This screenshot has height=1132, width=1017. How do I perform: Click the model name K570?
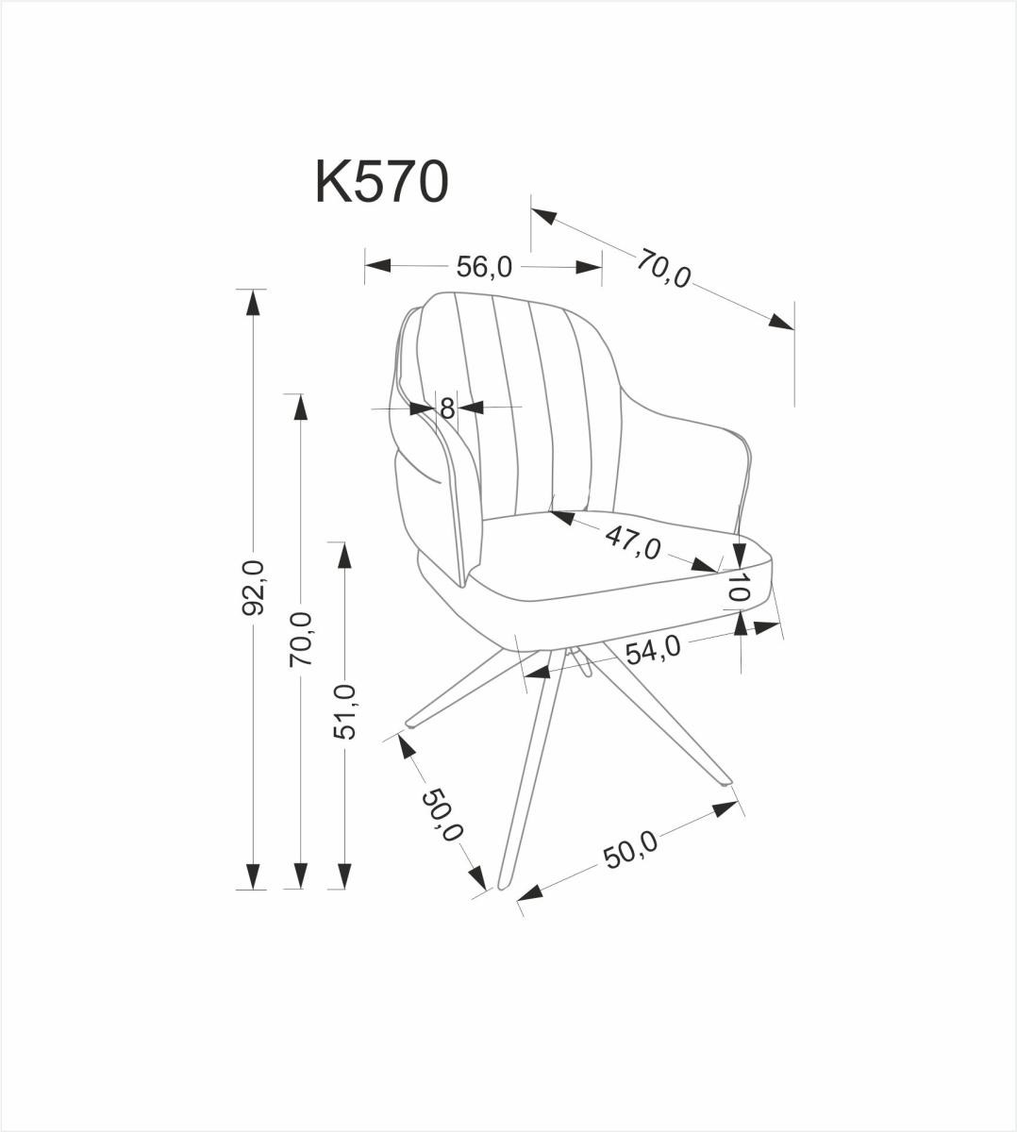pos(380,182)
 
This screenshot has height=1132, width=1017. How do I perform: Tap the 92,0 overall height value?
pos(253,587)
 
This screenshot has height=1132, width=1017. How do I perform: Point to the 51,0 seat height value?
pos(345,711)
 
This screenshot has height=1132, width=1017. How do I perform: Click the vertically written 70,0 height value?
pos(300,639)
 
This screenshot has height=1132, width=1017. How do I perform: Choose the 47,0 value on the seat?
pos(632,542)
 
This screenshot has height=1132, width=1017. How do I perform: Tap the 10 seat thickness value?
pos(739,589)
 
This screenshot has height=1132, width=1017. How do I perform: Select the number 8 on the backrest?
pos(447,409)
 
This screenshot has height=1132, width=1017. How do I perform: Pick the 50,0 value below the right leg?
pos(630,851)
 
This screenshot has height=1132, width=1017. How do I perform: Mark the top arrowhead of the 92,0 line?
pos(252,302)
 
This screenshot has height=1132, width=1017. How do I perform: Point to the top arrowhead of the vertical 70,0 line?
pos(300,407)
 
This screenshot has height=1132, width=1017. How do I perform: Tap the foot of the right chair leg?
pos(724,780)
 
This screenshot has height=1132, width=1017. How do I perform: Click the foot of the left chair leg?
pos(411,724)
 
